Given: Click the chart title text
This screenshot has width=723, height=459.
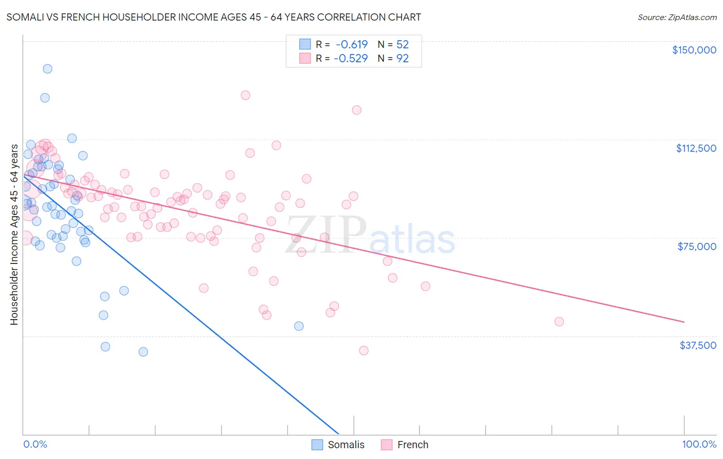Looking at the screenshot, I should point(213,17).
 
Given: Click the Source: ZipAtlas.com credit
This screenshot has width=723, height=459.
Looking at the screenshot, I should point(677,17).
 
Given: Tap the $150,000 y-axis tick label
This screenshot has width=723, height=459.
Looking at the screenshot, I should point(694,50).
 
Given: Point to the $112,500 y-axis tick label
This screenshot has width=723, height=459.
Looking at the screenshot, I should point(696,148).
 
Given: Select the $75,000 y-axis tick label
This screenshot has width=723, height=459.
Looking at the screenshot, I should point(697,246).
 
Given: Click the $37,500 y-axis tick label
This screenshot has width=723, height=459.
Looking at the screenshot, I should point(697,345).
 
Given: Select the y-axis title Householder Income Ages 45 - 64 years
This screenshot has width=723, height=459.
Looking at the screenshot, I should point(14,235).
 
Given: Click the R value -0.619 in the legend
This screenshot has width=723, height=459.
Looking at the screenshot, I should point(352,44).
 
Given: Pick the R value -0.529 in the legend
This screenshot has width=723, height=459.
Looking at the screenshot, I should point(351,58).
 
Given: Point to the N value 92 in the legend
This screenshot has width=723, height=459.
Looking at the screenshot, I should point(402,58).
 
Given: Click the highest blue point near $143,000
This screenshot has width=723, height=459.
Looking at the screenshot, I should point(47,68).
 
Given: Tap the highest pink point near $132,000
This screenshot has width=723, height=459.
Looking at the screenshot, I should point(245,95).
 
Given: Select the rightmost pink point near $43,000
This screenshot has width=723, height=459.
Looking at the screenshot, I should point(559,322).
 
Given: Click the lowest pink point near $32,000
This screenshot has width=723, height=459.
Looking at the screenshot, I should point(364,350).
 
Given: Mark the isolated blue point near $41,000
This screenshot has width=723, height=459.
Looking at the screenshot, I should point(299,326).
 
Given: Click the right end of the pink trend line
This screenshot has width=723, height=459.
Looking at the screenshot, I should point(684,322).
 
